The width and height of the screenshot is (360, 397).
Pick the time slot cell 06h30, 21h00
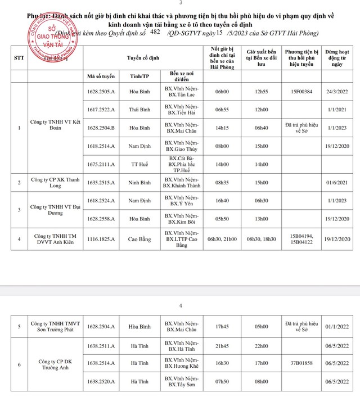point(219,240)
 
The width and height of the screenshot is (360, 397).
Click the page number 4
point(181,306)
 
